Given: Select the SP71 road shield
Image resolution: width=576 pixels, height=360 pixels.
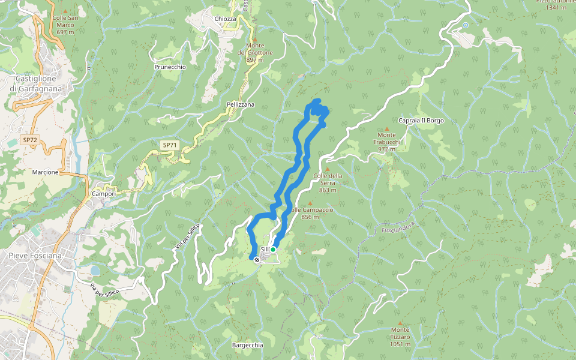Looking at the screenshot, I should pyautogui.click(x=170, y=145).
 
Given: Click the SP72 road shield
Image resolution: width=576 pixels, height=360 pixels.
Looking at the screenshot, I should pyautogui.click(x=29, y=140).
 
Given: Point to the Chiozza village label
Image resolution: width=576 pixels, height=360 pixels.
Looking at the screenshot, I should pyautogui.click(x=225, y=19).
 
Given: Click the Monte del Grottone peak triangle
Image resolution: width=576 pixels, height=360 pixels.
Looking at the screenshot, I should pyautogui.click(x=254, y=39).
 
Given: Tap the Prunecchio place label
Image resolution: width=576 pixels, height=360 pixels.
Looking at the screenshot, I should pyautogui.click(x=170, y=67).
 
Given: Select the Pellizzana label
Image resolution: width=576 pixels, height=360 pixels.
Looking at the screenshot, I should pyautogui.click(x=241, y=104).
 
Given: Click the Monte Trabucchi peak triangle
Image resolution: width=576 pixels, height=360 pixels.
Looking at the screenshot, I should pyautogui.click(x=386, y=128).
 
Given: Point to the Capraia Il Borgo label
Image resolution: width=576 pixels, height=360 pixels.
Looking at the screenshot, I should pyautogui.click(x=421, y=121).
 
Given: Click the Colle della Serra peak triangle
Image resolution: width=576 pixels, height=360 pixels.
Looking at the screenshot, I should pyautogui.click(x=328, y=169).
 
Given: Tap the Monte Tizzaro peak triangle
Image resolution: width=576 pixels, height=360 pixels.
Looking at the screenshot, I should pyautogui.click(x=400, y=323).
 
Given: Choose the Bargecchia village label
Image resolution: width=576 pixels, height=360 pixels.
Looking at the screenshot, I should pyautogui.click(x=247, y=345).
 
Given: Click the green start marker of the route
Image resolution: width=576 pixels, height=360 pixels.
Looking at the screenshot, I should pyautogui.click(x=273, y=250).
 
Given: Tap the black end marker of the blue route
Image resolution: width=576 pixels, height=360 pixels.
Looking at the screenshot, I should pyautogui.click(x=257, y=260).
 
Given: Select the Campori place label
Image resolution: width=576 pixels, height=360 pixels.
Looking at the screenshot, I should pyautogui.click(x=103, y=194).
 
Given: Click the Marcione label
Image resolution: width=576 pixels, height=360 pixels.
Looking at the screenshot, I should pyautogui.click(x=46, y=172).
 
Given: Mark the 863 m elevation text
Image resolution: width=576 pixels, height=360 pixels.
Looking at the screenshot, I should pyautogui.click(x=328, y=190).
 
